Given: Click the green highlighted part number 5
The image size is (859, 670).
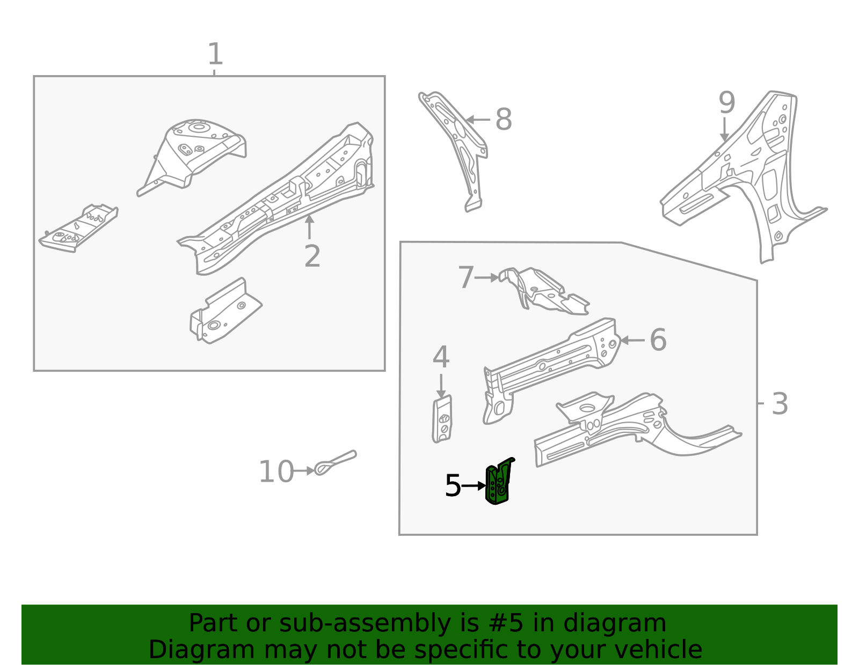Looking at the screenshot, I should (x=498, y=483).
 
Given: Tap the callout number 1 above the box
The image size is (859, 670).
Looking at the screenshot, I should (x=215, y=55).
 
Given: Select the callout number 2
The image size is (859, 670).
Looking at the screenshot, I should (x=312, y=256).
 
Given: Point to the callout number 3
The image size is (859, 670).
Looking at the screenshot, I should (x=780, y=404).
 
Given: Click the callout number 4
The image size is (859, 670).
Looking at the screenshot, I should (x=441, y=357).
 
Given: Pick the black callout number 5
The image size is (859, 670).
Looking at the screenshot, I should (x=453, y=486).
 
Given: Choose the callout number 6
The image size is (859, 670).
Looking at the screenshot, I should (x=658, y=340).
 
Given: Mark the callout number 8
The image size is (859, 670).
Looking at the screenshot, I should (x=503, y=120).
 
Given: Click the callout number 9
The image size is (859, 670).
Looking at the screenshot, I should (x=726, y=102).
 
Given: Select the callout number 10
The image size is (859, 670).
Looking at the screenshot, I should (x=276, y=472).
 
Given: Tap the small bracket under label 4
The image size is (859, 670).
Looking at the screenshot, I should (x=442, y=420).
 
